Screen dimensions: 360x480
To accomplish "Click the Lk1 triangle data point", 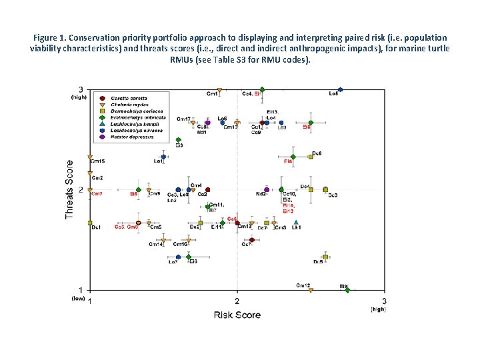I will tap(296, 222).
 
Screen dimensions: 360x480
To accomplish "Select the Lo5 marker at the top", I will tap(340, 89).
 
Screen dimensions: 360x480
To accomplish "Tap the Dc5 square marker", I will tap(325, 257).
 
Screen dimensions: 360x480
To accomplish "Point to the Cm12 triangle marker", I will tap(311, 290).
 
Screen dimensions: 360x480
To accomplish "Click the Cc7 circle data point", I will tap(252, 240).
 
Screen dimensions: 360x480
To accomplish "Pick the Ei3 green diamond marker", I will tap(178, 140).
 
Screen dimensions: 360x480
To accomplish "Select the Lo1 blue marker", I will tap(163, 157).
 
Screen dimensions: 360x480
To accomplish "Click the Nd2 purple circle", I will tap(267, 190).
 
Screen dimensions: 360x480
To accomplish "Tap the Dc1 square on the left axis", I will tap(90, 223).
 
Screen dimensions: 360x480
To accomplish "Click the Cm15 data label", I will tap(97, 161).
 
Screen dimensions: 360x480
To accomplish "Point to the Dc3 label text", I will tap(332, 195).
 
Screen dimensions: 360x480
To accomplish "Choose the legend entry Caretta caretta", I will tap(128, 99).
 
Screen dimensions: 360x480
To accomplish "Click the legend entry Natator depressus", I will tap(131, 137).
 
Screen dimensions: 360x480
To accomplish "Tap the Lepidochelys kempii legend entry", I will tap(133, 124).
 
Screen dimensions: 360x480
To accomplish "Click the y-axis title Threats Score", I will tap(69, 189).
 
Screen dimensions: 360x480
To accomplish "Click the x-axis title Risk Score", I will tap(237, 314).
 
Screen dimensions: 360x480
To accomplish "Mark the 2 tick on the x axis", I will tap(237, 301).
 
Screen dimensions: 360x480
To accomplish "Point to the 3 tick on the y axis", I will tap(81, 89).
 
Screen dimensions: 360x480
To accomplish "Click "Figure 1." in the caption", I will tap(52, 38).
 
